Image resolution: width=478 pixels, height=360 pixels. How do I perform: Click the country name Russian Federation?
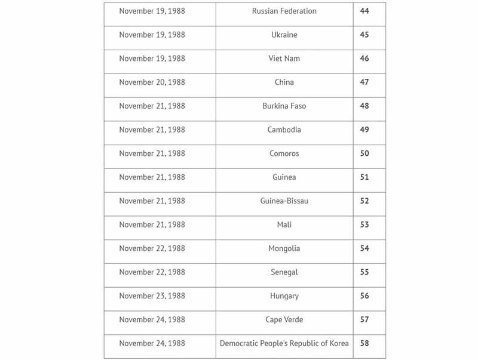coord(284,11)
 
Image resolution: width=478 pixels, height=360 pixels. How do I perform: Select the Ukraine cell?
coord(284,35)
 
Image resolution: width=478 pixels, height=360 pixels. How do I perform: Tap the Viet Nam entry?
coord(284,59)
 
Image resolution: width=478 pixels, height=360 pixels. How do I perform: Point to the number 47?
coord(364,82)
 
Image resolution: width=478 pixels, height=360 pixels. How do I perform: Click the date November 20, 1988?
coord(152,82)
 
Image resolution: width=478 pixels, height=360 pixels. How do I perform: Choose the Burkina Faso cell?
coord(284,106)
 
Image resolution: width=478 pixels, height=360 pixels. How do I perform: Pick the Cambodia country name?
coord(284,130)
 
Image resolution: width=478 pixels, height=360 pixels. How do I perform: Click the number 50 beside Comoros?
coord(364,153)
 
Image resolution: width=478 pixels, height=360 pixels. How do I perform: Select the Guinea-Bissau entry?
coord(284,201)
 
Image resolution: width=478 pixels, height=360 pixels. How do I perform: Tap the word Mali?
coord(284,224)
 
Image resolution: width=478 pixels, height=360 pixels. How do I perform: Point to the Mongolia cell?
coord(284,248)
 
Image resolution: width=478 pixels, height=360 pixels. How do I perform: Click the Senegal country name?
coord(284,272)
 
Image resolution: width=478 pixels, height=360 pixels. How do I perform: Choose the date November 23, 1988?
coord(152,296)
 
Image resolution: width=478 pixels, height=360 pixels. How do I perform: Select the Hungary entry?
coord(284,296)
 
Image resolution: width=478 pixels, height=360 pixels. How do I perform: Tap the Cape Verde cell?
coord(284,319)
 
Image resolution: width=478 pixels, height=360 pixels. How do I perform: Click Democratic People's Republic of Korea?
coord(284,343)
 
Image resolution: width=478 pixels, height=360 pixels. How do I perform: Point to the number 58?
coord(364,343)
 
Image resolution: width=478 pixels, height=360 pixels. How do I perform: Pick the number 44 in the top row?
coord(364,11)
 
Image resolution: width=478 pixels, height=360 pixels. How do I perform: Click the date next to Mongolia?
coord(152,248)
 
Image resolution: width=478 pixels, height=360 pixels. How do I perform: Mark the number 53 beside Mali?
coord(364,224)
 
